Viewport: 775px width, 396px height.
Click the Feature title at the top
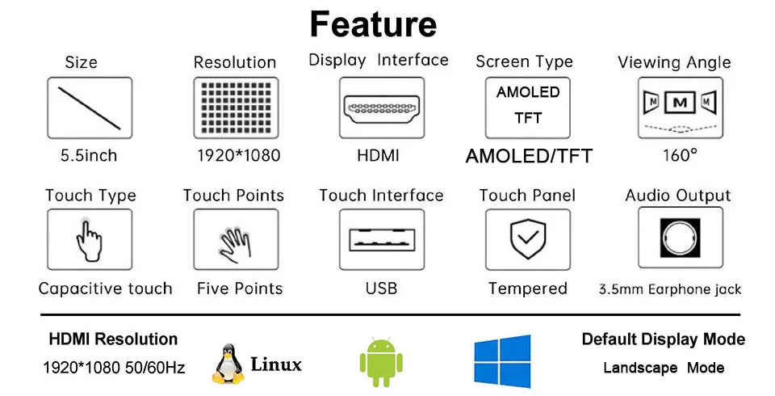[x=373, y=24]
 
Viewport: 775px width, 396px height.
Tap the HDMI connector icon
[x=380, y=108]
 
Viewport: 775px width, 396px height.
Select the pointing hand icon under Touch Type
[x=89, y=240]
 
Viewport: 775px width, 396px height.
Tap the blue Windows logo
[x=502, y=361]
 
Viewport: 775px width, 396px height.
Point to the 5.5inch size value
[x=89, y=155]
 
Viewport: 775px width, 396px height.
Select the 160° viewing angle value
[x=679, y=154]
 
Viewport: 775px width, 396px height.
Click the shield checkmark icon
[x=527, y=240]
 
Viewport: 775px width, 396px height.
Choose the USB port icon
[x=381, y=240]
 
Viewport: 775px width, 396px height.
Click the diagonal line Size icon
[x=89, y=108]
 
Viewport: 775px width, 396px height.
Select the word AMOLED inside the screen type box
[x=528, y=92]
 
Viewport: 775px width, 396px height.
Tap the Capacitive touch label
[x=105, y=289]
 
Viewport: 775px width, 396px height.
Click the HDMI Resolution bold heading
[x=113, y=339]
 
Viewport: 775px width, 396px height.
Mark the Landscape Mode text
[x=664, y=368]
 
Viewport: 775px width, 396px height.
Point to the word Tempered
[x=527, y=289]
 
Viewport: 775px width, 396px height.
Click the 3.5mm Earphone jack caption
[x=670, y=289]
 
